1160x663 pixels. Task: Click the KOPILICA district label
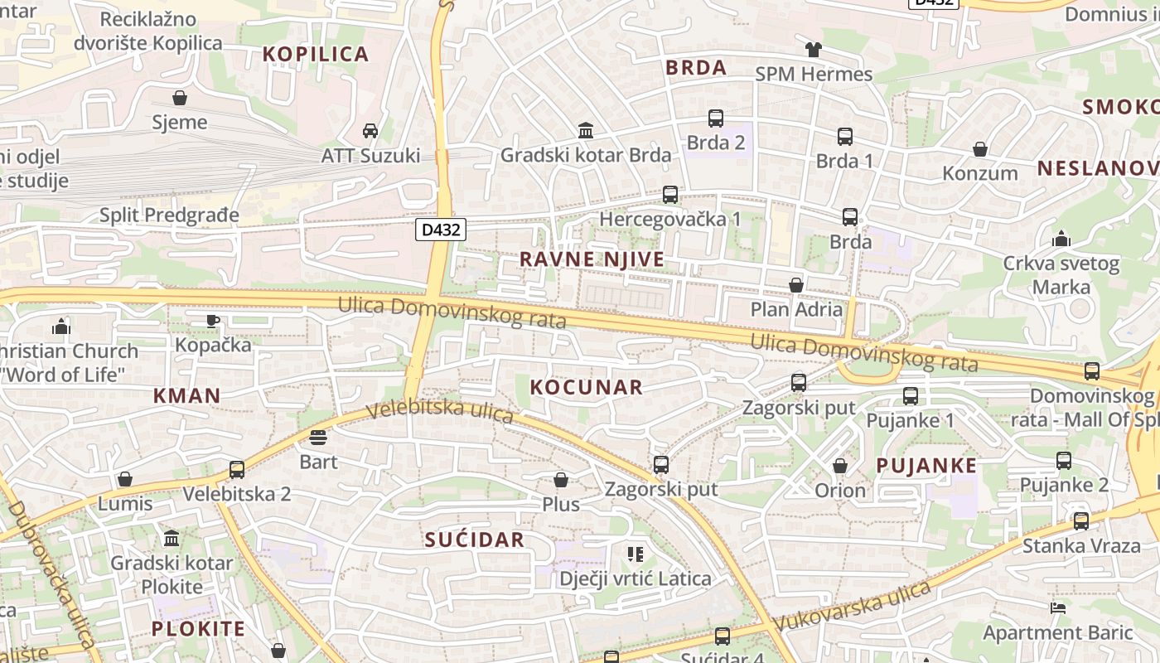pyautogui.click(x=316, y=55)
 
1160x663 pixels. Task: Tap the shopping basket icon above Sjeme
pyautogui.click(x=180, y=99)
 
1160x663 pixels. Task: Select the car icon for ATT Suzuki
pyautogui.click(x=370, y=131)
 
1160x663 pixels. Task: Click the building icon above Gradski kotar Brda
pyautogui.click(x=586, y=130)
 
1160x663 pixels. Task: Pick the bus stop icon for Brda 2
pyautogui.click(x=716, y=119)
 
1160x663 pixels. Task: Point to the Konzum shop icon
pyautogui.click(x=980, y=149)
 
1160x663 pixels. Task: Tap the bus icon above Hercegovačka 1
pyautogui.click(x=670, y=195)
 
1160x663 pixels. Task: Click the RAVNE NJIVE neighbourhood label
pyautogui.click(x=592, y=259)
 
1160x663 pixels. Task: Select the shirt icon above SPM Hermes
pyautogui.click(x=814, y=50)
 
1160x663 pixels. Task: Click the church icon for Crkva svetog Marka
pyautogui.click(x=1061, y=240)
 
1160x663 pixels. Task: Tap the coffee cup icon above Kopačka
pyautogui.click(x=213, y=321)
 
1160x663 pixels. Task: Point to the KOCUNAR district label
pyautogui.click(x=586, y=387)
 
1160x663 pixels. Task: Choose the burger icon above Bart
pyautogui.click(x=318, y=437)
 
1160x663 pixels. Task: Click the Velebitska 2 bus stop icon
pyautogui.click(x=237, y=470)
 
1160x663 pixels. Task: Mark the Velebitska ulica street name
pyautogui.click(x=439, y=411)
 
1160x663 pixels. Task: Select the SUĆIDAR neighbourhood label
pyautogui.click(x=475, y=540)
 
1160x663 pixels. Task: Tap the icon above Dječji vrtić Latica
pyautogui.click(x=636, y=554)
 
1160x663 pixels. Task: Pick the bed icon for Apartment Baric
pyautogui.click(x=1057, y=607)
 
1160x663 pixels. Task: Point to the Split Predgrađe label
pyautogui.click(x=169, y=215)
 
